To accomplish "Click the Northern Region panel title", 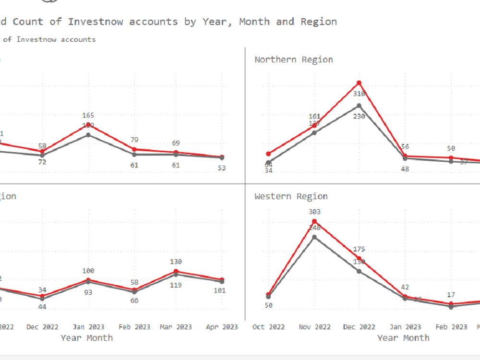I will [293, 60].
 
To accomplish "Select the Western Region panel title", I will [291, 196].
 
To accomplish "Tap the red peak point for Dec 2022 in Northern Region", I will [359, 83].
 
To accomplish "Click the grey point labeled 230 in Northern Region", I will [359, 106].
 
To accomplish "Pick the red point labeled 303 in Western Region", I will [314, 221].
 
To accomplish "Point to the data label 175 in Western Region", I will [359, 249].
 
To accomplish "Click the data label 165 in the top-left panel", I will [88, 115].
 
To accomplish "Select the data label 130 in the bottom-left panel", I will [176, 262].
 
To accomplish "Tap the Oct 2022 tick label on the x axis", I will [268, 327].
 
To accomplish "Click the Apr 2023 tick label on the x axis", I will [221, 327].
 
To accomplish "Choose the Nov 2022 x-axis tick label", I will [314, 327].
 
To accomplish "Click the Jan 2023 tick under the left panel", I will [88, 327].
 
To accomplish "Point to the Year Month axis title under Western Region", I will [403, 338].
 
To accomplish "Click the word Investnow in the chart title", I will [95, 22].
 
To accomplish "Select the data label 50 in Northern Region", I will [451, 148].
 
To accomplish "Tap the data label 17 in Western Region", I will [451, 295].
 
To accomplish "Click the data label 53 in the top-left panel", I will [221, 168].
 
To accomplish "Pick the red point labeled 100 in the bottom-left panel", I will [88, 280].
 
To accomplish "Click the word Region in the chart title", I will [319, 22].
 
